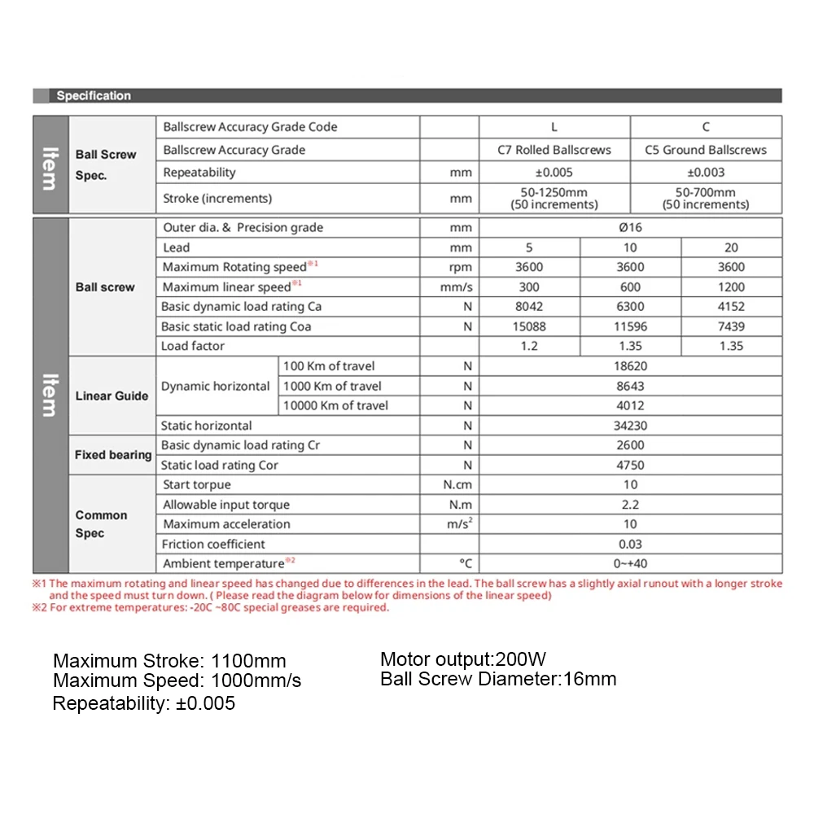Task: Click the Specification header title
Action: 94,96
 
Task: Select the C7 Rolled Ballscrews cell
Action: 554,150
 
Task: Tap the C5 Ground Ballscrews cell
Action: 706,150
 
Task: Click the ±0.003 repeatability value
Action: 706,173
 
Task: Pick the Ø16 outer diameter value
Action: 630,228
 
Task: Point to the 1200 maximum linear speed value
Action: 731,287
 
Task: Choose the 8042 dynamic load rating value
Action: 529,307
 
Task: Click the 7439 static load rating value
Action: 731,326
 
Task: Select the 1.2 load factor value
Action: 529,346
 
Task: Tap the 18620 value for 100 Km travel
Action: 630,366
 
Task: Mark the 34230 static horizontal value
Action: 630,426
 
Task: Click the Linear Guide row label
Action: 112,396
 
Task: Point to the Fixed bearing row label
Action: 113,455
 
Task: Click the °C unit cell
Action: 466,564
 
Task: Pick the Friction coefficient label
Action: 213,545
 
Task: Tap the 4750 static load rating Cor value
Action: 630,466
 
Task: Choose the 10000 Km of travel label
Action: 335,406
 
